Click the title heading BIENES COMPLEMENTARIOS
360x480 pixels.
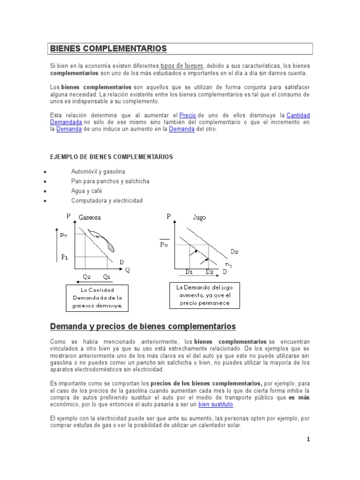108,49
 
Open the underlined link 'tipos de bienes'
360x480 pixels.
182,66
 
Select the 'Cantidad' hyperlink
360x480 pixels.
298,115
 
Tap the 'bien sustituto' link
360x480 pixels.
216,405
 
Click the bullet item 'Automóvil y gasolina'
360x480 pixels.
98,172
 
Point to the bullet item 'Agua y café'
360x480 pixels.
86,191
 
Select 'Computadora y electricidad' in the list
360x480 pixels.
106,201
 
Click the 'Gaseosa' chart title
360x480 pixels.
90,217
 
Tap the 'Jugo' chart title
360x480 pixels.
199,217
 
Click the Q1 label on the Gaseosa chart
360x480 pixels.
107,277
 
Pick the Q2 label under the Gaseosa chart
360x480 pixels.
87,277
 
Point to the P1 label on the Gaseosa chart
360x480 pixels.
65,257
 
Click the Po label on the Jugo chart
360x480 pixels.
164,244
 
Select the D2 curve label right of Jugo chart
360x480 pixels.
234,252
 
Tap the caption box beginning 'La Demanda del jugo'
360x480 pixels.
204,295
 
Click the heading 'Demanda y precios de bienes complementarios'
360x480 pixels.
143,326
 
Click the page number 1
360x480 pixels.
308,439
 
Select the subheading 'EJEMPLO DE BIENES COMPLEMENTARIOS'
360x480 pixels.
112,157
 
